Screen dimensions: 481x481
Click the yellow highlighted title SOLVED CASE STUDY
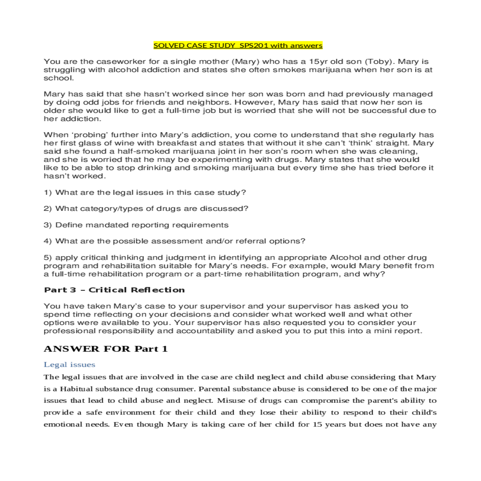(194, 46)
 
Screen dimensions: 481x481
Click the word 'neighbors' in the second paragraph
(208, 103)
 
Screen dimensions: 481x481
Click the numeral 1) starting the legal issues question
(48, 192)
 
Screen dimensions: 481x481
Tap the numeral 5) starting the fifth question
(48, 258)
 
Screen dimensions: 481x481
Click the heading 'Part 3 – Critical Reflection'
(114, 290)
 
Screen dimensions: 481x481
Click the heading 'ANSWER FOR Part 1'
(105, 349)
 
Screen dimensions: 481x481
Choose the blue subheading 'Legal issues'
(69, 365)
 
